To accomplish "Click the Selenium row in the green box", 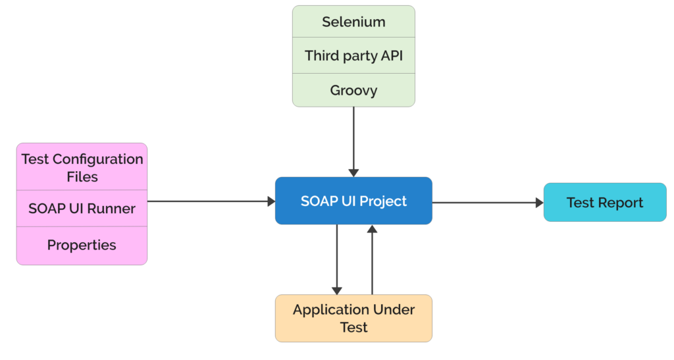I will click(x=353, y=22).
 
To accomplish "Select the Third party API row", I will click(x=353, y=56).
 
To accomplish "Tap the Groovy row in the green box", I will click(x=353, y=90).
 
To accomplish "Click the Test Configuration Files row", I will click(x=82, y=168).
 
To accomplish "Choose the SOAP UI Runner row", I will click(x=82, y=209).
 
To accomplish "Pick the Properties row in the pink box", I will click(x=82, y=245).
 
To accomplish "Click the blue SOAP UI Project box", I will click(x=353, y=201).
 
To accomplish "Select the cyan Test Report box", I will click(x=604, y=202).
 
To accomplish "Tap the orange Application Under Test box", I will click(x=353, y=318).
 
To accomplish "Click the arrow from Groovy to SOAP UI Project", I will click(x=353, y=141).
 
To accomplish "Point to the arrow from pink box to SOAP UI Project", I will click(x=211, y=201).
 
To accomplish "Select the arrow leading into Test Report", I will click(x=487, y=202).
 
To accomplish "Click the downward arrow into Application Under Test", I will click(x=337, y=260).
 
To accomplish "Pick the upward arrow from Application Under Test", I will click(x=372, y=260).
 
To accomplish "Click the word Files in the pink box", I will click(x=82, y=177).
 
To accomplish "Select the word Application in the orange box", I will click(x=322, y=309).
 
